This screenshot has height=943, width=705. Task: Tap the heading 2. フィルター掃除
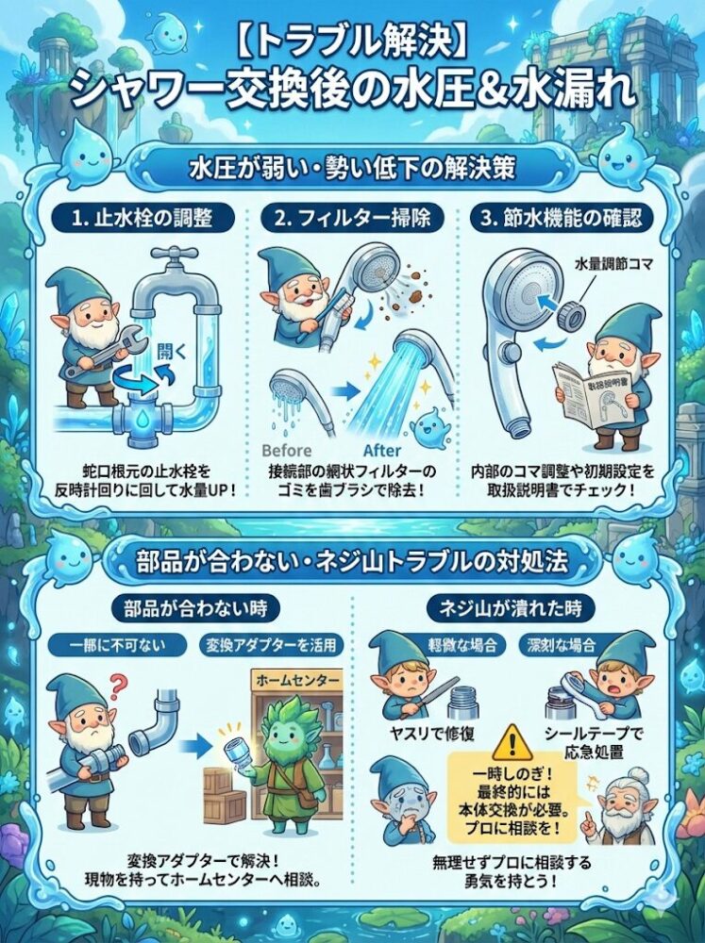tap(353, 219)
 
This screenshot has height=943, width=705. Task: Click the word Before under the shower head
tap(284, 450)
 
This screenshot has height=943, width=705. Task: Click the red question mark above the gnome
tap(116, 682)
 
